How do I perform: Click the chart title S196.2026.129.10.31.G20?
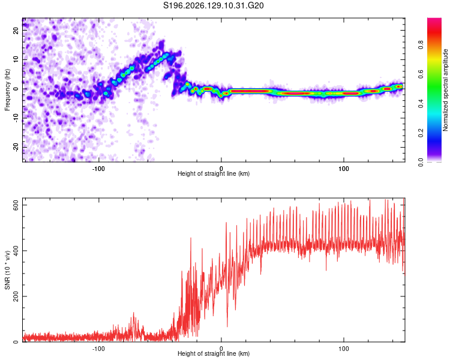(213, 5)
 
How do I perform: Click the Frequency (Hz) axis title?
(7, 90)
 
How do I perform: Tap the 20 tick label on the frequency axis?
(16, 30)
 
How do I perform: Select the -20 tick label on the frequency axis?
(16, 147)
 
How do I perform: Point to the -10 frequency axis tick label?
(16, 118)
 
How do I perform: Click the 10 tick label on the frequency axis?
(16, 59)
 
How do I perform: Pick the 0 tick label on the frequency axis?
(16, 89)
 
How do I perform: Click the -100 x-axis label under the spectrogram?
(98, 169)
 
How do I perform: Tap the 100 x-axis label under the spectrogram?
(344, 169)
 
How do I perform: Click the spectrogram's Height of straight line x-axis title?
(214, 173)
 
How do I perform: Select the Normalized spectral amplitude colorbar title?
(445, 90)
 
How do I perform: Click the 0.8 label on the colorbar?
(421, 45)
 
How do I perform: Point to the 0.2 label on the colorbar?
(421, 133)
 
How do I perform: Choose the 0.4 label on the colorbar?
(421, 104)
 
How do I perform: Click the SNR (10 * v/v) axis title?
(7, 270)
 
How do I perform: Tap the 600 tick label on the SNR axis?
(16, 205)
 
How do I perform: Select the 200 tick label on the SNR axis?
(16, 296)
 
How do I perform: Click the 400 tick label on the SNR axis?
(16, 251)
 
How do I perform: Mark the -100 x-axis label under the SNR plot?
(98, 349)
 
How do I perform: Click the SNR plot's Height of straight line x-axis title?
(214, 353)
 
